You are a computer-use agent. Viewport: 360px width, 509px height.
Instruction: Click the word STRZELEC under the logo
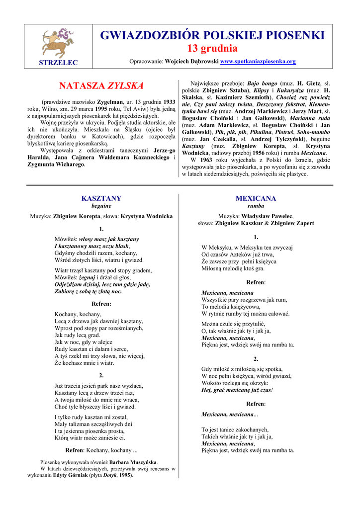(59, 62)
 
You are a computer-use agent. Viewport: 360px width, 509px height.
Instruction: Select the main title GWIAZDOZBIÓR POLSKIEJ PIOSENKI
(212, 35)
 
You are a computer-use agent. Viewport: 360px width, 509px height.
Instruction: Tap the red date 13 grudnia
(212, 48)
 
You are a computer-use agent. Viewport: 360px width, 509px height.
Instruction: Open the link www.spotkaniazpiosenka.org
(258, 62)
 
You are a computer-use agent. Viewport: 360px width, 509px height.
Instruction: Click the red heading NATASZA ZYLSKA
(101, 85)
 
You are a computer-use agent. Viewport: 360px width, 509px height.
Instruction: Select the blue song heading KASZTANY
(101, 198)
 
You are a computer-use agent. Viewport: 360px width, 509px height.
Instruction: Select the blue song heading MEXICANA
(256, 198)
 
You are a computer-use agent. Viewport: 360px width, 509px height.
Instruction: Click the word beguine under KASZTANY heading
(101, 206)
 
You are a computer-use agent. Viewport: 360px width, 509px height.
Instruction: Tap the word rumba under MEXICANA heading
(256, 206)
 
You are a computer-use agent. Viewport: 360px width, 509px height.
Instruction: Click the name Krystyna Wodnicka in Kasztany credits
(147, 216)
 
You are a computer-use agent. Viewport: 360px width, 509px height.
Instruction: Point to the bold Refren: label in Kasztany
(101, 304)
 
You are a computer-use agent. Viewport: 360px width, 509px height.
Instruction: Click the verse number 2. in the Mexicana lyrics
(256, 358)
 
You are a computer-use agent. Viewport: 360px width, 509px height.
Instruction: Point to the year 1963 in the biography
(206, 160)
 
